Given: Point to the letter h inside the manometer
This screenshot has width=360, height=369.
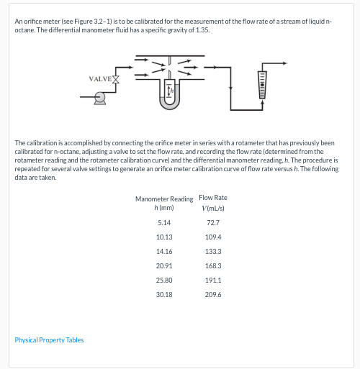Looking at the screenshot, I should [173, 90].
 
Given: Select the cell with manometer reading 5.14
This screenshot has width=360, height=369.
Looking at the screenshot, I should [163, 224].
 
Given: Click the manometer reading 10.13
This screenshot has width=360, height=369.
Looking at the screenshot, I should [163, 237].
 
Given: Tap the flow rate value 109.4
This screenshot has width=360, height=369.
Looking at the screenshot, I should [212, 237].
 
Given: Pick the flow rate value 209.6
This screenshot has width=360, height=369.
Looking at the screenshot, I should [212, 294].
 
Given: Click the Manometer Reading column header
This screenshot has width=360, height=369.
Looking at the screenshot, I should [163, 199].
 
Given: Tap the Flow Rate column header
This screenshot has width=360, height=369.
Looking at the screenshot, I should [212, 197].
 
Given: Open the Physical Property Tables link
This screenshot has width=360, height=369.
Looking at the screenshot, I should [49, 340].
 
